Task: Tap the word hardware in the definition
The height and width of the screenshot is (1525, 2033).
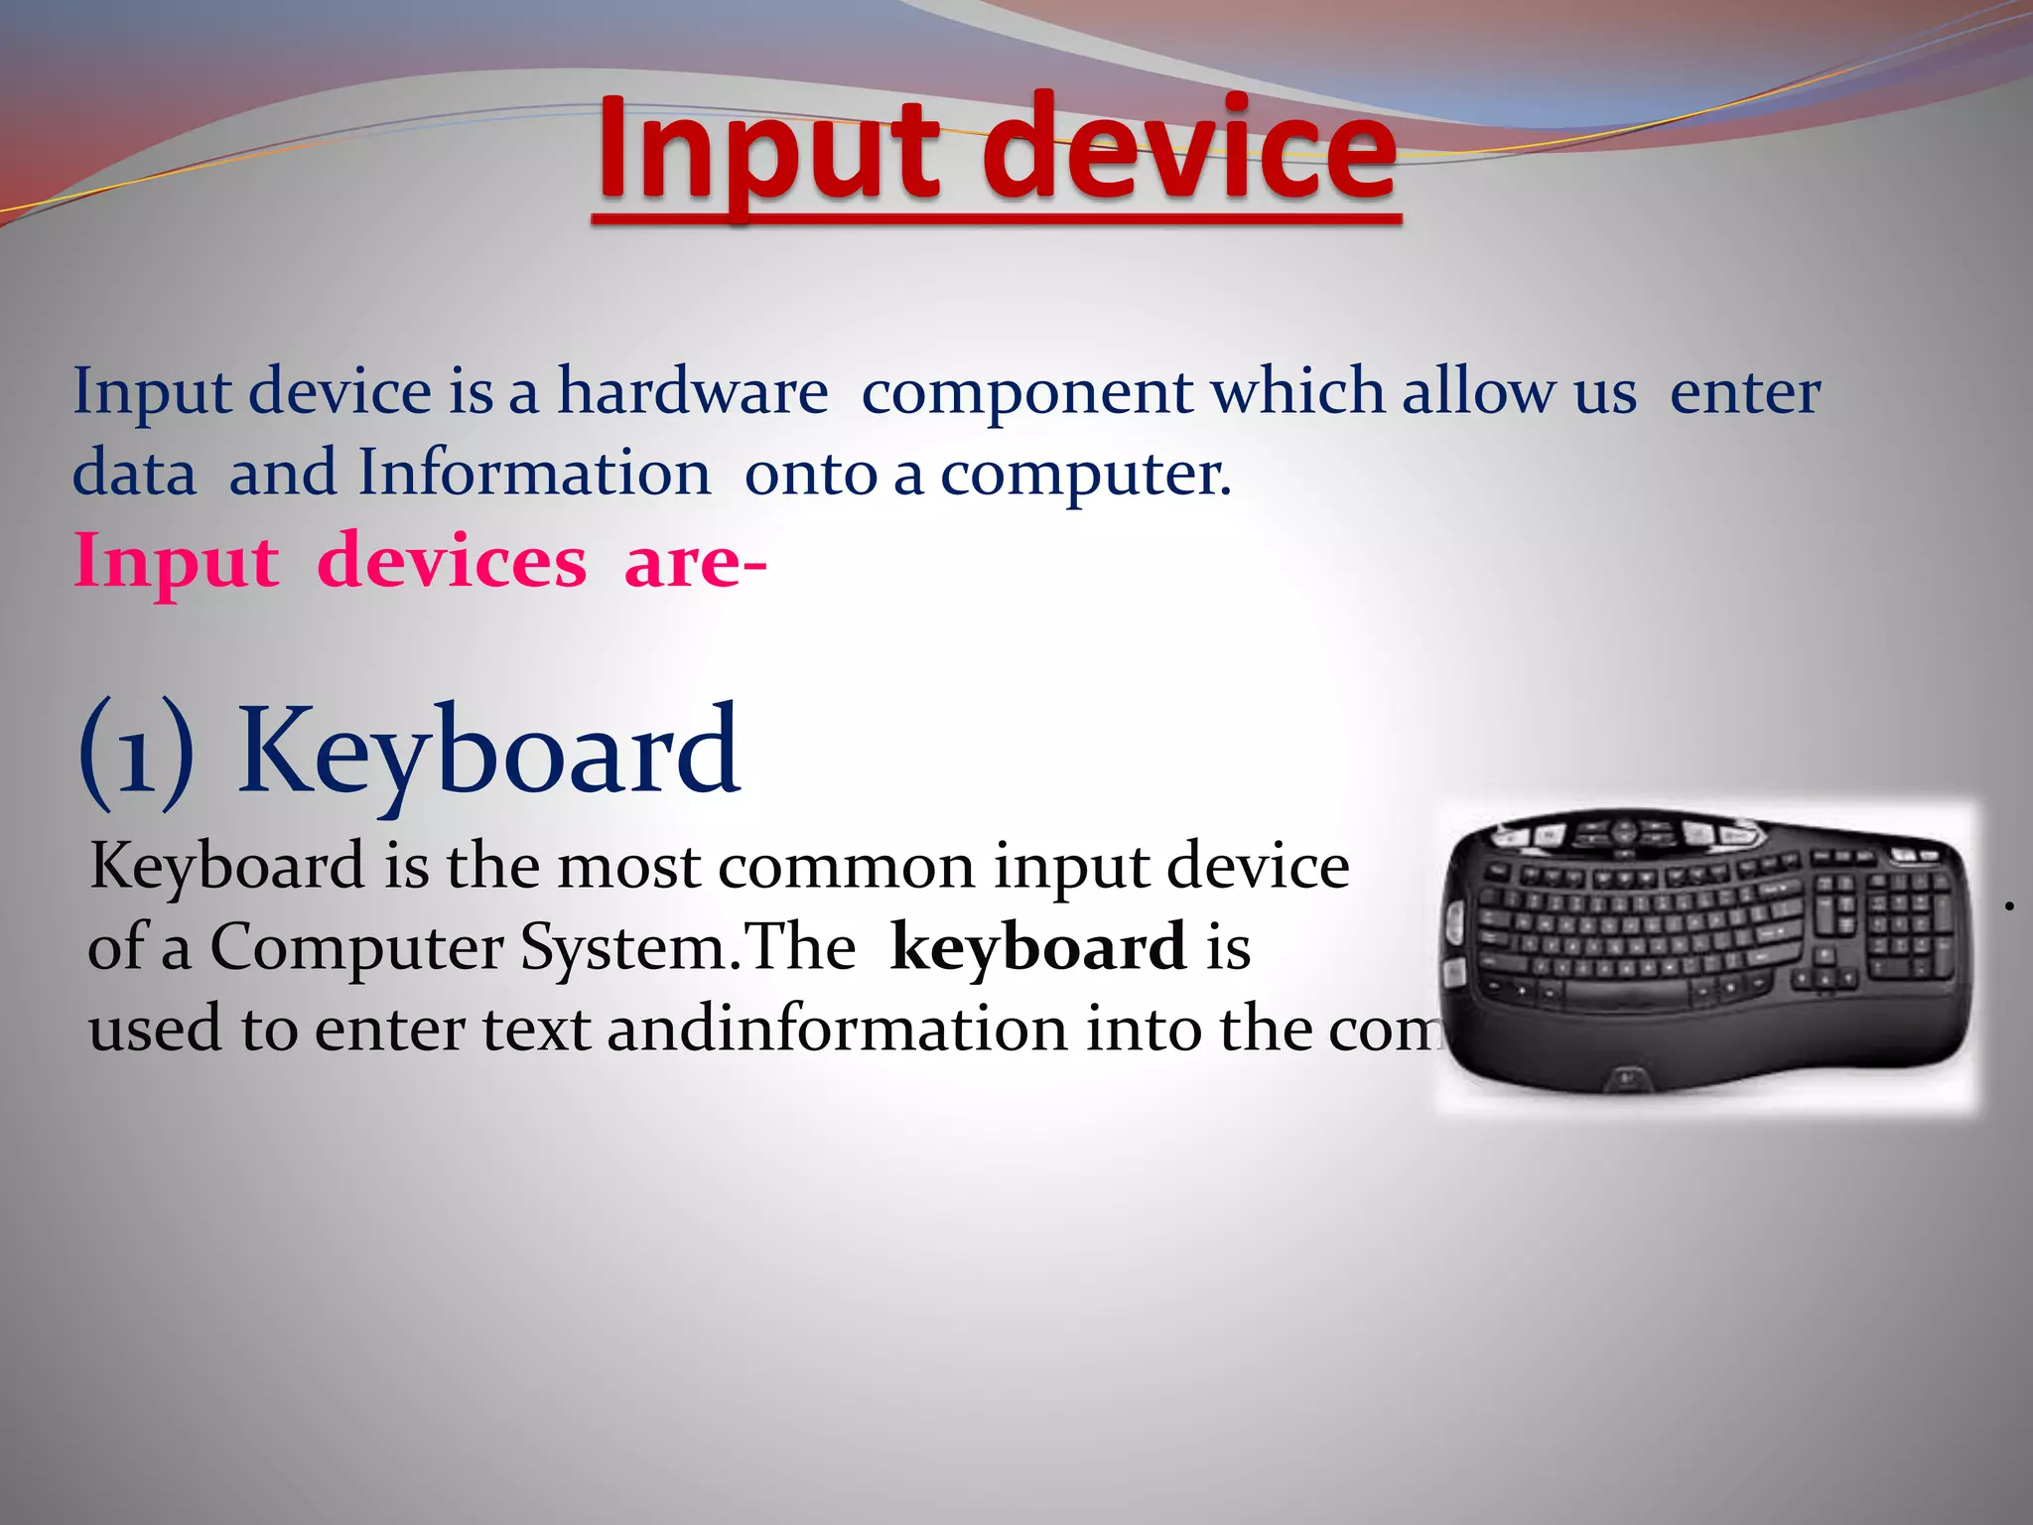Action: pyautogui.click(x=692, y=391)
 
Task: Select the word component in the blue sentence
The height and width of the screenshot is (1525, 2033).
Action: pyautogui.click(x=1026, y=393)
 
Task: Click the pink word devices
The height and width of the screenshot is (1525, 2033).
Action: pyautogui.click(x=452, y=562)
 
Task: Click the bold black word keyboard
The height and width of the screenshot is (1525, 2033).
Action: pyautogui.click(x=1038, y=946)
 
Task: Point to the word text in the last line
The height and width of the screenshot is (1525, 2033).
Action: pyautogui.click(x=536, y=1029)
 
